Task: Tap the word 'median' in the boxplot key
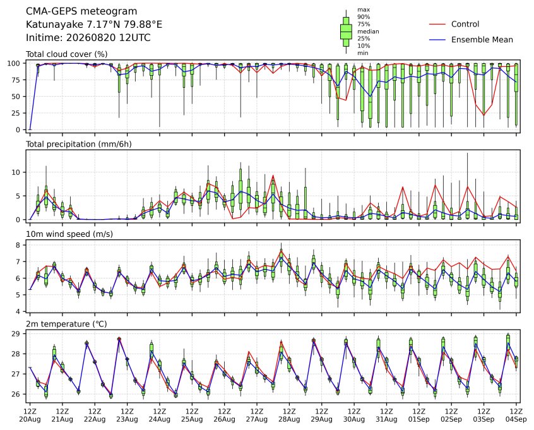(x=368, y=32)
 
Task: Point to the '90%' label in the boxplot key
(x=364, y=16)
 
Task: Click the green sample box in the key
(x=346, y=32)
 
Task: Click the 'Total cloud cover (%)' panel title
(x=67, y=54)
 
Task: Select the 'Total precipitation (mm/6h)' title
(x=79, y=144)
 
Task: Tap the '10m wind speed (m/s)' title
(x=69, y=234)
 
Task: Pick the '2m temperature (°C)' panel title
(x=66, y=324)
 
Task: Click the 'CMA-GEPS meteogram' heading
(x=81, y=11)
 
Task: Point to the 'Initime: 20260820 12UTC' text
(x=88, y=37)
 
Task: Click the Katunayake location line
(x=94, y=25)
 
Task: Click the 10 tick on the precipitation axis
(x=16, y=172)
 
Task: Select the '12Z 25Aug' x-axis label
(x=192, y=415)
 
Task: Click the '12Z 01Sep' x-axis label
(x=419, y=415)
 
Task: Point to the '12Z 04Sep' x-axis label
(x=516, y=415)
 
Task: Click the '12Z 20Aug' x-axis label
(x=30, y=415)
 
